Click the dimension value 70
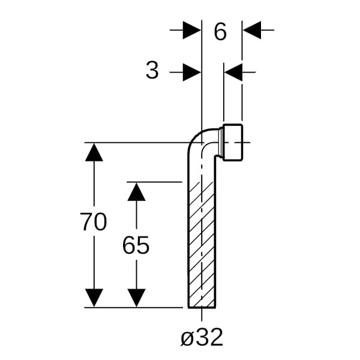tap(94, 223)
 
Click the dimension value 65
tap(136, 245)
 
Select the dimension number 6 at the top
tap(220, 32)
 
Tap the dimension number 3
tap(152, 71)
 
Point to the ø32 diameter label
tap(202, 337)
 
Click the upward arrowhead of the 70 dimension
tap(94, 152)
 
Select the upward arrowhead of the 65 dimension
tap(137, 192)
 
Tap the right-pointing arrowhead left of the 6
tap(192, 30)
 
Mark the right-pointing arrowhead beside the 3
tap(192, 73)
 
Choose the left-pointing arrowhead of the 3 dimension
tap(233, 73)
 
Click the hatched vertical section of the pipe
tap(202, 240)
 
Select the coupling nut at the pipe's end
tap(235, 143)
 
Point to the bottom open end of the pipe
tap(202, 307)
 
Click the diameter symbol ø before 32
tap(187, 338)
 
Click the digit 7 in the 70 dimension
tap(86, 223)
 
